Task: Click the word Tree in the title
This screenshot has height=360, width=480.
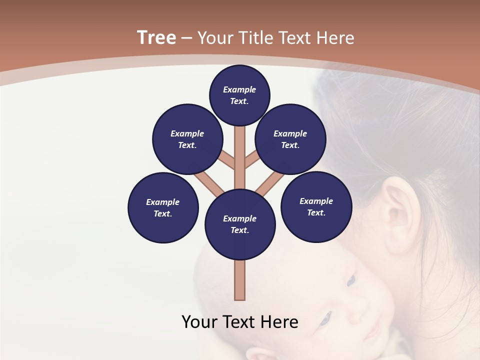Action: pyautogui.click(x=156, y=38)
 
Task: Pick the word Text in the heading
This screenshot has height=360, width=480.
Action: pyautogui.click(x=294, y=38)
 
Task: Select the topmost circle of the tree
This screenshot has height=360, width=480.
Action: pyautogui.click(x=239, y=95)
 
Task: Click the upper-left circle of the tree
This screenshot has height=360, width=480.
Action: pyautogui.click(x=187, y=139)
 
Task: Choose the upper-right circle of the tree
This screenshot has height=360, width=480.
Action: pyautogui.click(x=290, y=139)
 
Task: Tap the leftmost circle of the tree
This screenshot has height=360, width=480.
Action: pyautogui.click(x=163, y=207)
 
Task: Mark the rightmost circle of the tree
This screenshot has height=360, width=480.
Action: pyautogui.click(x=316, y=206)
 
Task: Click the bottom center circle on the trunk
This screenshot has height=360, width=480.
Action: pyautogui.click(x=240, y=224)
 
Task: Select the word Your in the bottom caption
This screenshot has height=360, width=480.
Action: pyautogui.click(x=199, y=322)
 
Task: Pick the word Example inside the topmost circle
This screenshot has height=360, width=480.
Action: pyautogui.click(x=239, y=89)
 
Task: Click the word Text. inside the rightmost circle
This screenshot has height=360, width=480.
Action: pyautogui.click(x=316, y=212)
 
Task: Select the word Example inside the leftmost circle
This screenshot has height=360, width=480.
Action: pyautogui.click(x=162, y=202)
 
